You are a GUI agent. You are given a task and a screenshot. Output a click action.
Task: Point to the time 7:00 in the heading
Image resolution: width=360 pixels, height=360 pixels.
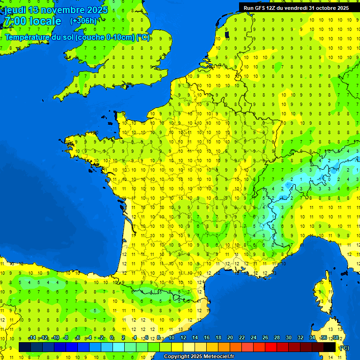(14, 21)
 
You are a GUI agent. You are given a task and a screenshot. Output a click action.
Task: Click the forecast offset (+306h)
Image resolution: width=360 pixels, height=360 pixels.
(83, 21)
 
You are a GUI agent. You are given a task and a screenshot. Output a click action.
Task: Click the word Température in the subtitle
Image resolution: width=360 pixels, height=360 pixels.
(33, 37)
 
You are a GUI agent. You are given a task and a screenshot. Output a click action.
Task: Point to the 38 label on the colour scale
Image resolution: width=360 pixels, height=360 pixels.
(335, 338)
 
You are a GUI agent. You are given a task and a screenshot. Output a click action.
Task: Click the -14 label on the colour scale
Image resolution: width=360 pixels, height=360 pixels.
(32, 338)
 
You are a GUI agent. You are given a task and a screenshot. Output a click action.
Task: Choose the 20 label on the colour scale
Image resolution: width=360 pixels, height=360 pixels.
(230, 338)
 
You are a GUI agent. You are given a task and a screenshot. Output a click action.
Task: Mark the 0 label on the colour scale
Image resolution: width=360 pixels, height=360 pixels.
(112, 338)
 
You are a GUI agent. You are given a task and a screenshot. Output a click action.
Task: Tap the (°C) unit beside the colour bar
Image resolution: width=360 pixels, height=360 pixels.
(345, 348)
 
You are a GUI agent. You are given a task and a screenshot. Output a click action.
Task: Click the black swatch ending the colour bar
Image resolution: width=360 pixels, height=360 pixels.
(330, 347)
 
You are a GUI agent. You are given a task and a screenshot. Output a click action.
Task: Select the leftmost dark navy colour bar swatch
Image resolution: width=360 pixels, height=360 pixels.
(25, 347)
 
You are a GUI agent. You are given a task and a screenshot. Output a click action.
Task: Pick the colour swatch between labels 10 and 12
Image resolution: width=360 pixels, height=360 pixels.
(177, 347)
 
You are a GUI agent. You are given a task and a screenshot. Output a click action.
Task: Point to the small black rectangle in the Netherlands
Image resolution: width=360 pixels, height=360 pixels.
(227, 34)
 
